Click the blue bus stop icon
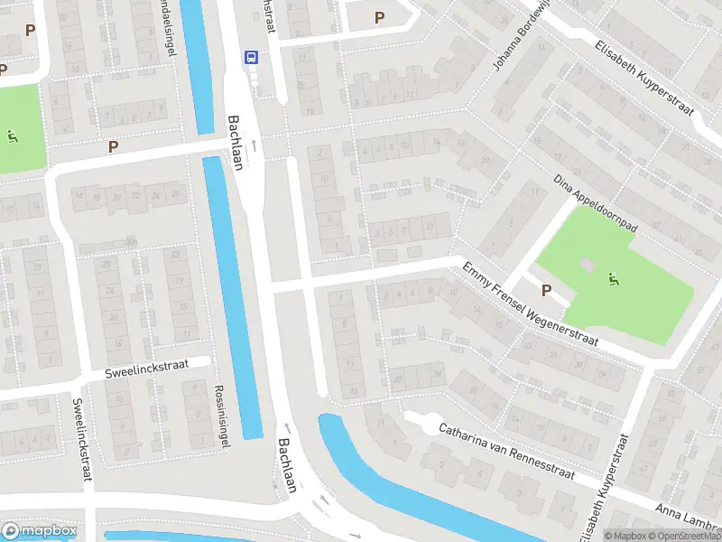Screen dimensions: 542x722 (x=250, y=57)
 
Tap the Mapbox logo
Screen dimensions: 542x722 (x=39, y=531)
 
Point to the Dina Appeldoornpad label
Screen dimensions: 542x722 (x=596, y=204)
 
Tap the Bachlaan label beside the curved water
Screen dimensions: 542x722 (x=287, y=465)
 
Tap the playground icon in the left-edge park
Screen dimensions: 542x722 (x=12, y=136)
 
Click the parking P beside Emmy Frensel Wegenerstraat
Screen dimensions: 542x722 (x=546, y=290)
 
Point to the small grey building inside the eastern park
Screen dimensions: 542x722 (x=588, y=265)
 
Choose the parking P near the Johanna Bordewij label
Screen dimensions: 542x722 (x=379, y=17)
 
